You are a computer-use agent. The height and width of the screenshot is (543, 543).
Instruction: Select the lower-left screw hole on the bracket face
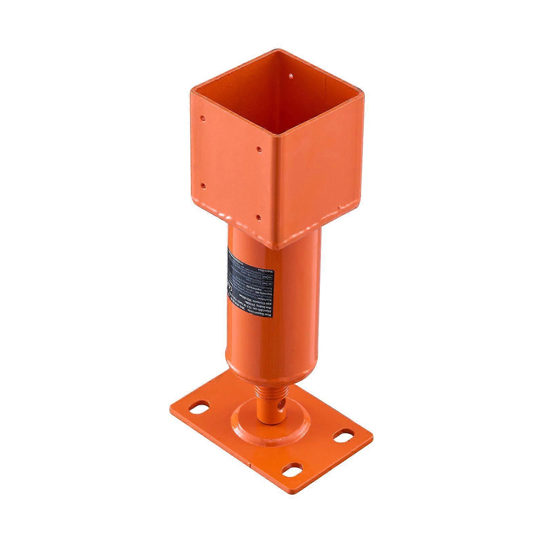coord(203,186)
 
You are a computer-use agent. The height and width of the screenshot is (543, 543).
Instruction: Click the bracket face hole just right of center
coord(259,149)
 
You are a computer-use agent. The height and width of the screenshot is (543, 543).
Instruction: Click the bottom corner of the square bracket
coord(279,248)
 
